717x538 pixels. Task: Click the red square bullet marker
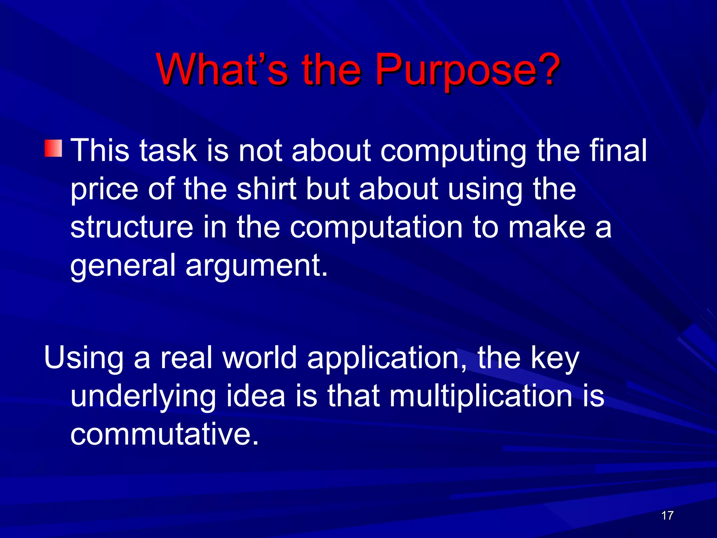coord(53,148)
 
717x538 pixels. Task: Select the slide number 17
coord(667,516)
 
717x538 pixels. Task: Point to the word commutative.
coord(164,434)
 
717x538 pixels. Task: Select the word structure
coord(132,227)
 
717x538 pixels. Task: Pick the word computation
coord(376,228)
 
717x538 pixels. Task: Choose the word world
coord(260,358)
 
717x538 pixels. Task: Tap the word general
coord(123,266)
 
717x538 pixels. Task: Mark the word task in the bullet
coord(168,151)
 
